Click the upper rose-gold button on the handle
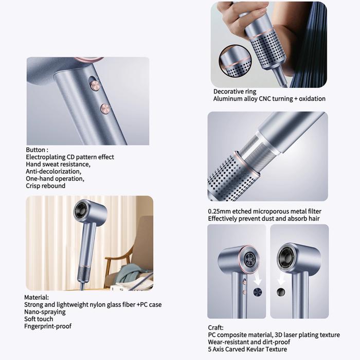95,85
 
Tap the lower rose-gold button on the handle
105,109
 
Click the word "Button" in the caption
35,150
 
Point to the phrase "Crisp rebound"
45,186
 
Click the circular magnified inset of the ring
235,61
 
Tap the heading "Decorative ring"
235,92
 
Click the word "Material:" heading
37,297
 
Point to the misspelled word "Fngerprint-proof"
48,326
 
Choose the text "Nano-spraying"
45,312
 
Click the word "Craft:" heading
215,328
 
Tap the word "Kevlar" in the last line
255,349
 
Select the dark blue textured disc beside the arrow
257,292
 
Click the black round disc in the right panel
281,292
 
